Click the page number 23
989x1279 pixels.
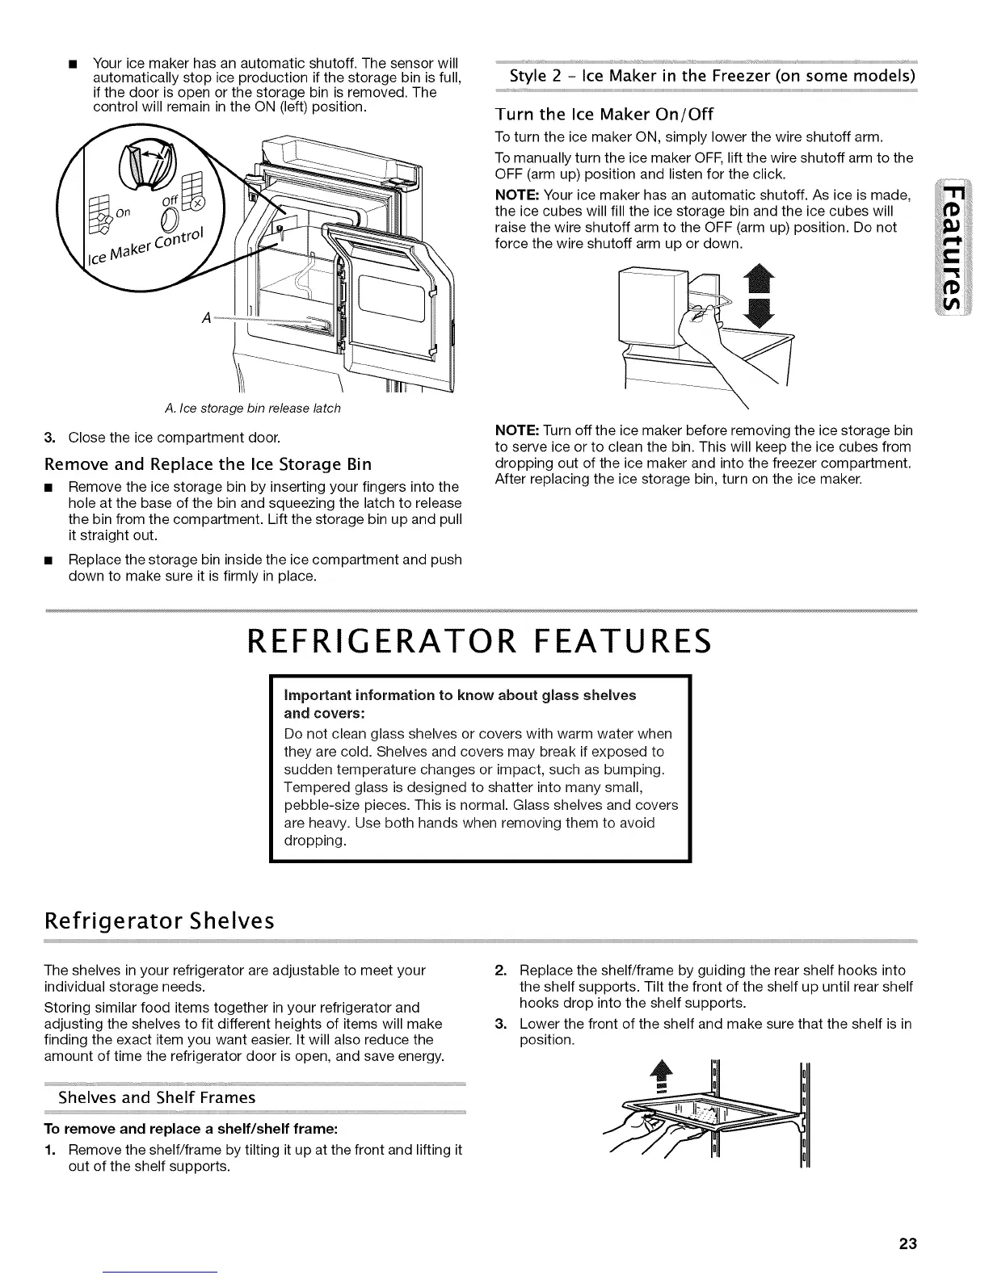pos(907,1243)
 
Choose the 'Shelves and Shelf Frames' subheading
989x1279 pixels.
pos(157,1097)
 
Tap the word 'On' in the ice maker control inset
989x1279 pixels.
pos(123,213)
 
